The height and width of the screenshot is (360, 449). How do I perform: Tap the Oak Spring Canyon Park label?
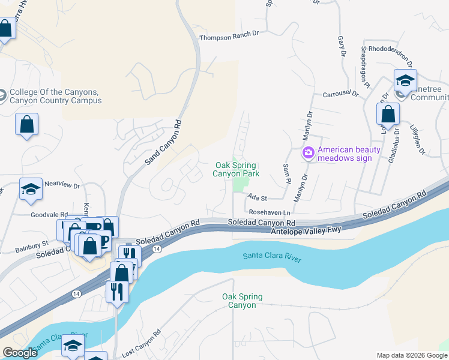click(236, 169)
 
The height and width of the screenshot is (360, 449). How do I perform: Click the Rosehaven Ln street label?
click(270, 212)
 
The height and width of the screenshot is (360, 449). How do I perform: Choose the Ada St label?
click(256, 197)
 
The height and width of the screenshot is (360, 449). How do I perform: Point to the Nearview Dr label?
click(62, 186)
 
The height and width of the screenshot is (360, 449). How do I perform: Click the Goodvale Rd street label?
click(49, 214)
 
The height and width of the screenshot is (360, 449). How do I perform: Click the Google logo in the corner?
click(20, 353)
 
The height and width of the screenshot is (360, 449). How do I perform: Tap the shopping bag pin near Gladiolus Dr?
click(388, 113)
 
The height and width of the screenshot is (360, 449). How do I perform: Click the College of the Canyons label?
click(55, 96)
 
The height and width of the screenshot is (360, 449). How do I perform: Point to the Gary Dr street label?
click(342, 46)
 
